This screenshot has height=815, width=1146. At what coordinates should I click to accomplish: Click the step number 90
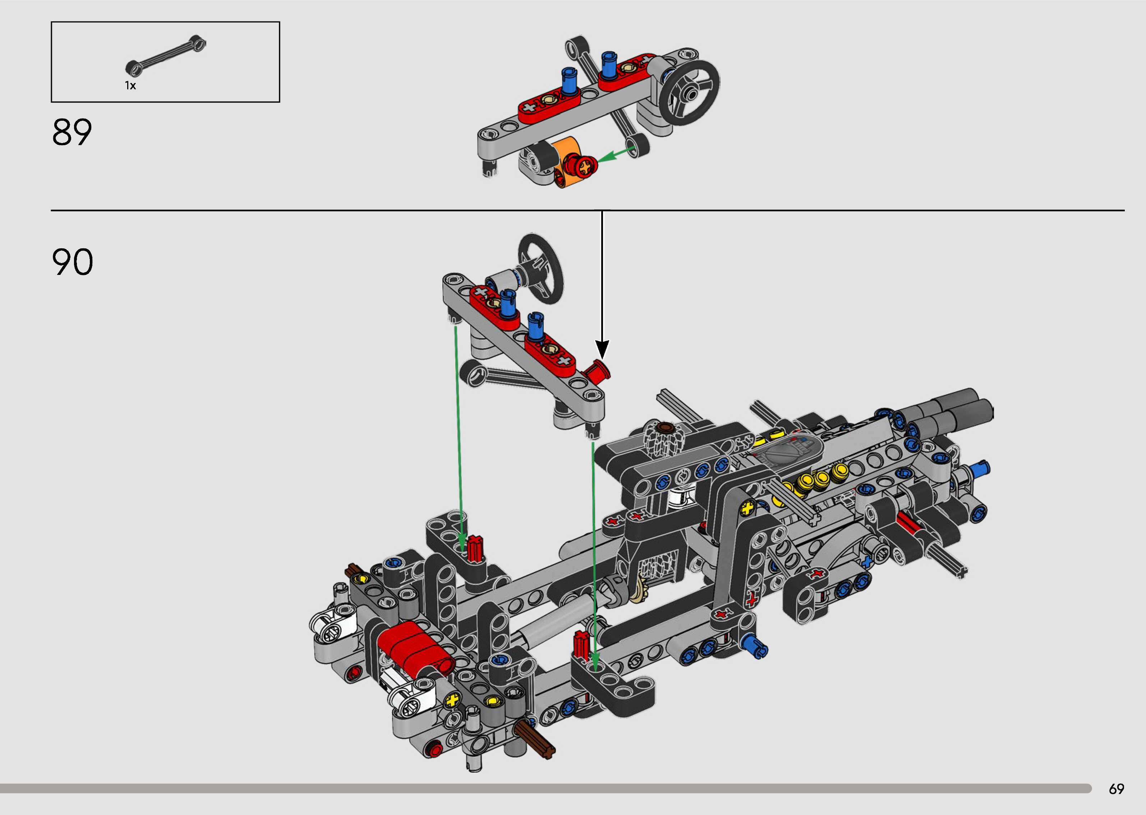(72, 262)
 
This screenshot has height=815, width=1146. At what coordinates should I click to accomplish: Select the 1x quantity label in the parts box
(130, 86)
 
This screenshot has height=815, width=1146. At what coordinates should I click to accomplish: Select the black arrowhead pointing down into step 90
(602, 349)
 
